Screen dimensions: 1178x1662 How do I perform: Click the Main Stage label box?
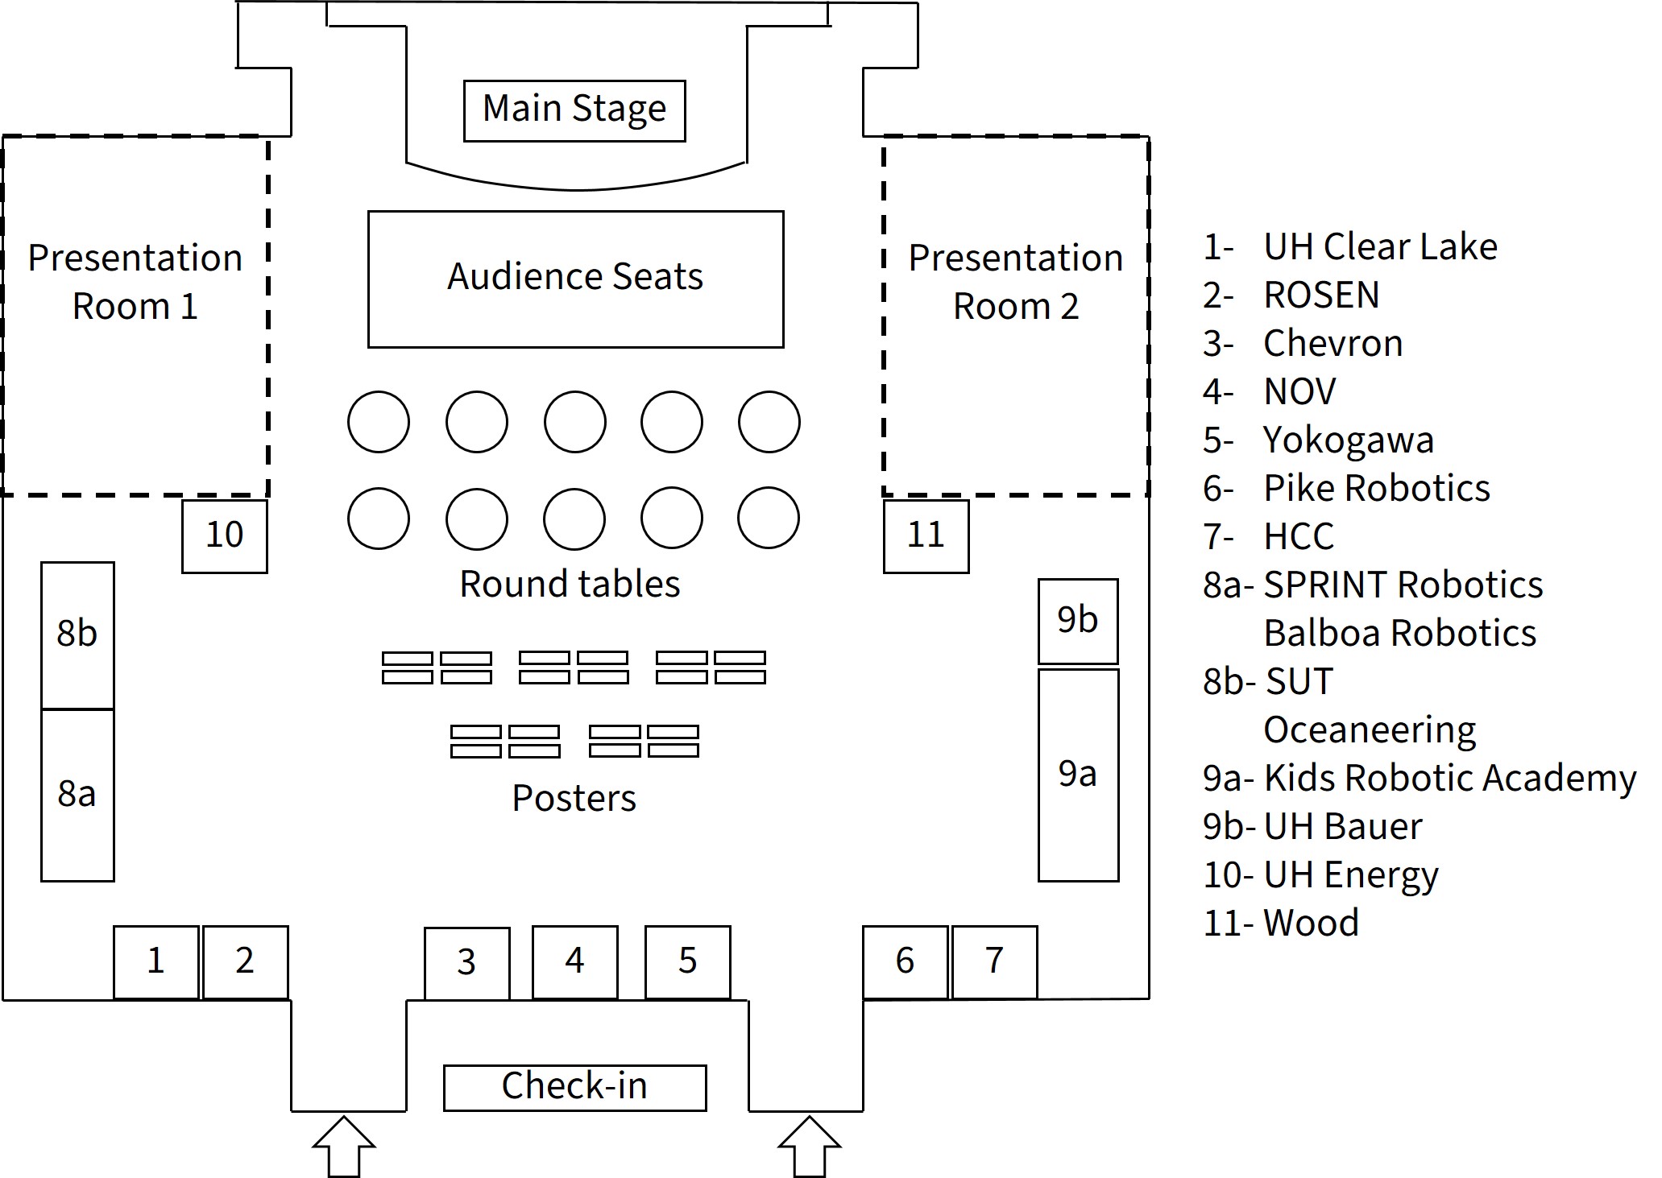coord(574,110)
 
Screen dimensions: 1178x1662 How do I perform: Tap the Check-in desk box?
coord(574,1087)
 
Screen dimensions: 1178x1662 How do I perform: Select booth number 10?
coord(224,536)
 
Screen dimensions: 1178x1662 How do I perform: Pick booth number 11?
coord(926,536)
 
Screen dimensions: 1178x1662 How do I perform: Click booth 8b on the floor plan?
coord(77,634)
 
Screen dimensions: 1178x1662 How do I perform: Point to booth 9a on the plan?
coord(1078,775)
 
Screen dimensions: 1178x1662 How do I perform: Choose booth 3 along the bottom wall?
coord(466,962)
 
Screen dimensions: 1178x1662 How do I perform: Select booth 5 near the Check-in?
coord(687,961)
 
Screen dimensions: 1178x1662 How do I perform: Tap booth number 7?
coord(994,961)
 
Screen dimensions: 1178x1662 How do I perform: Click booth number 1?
coord(155,961)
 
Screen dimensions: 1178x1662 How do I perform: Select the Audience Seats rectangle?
coord(575,279)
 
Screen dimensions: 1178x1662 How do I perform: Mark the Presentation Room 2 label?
coord(1016,282)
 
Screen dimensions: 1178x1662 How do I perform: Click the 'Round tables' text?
coord(570,584)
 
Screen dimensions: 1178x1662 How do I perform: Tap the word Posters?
coord(574,798)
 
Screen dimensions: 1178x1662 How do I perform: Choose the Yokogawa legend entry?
coord(1348,440)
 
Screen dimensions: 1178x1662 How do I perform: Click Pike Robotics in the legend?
coord(1376,489)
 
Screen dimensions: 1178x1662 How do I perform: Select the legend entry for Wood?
coord(1311,923)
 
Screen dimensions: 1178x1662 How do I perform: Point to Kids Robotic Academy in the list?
coord(1449,779)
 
